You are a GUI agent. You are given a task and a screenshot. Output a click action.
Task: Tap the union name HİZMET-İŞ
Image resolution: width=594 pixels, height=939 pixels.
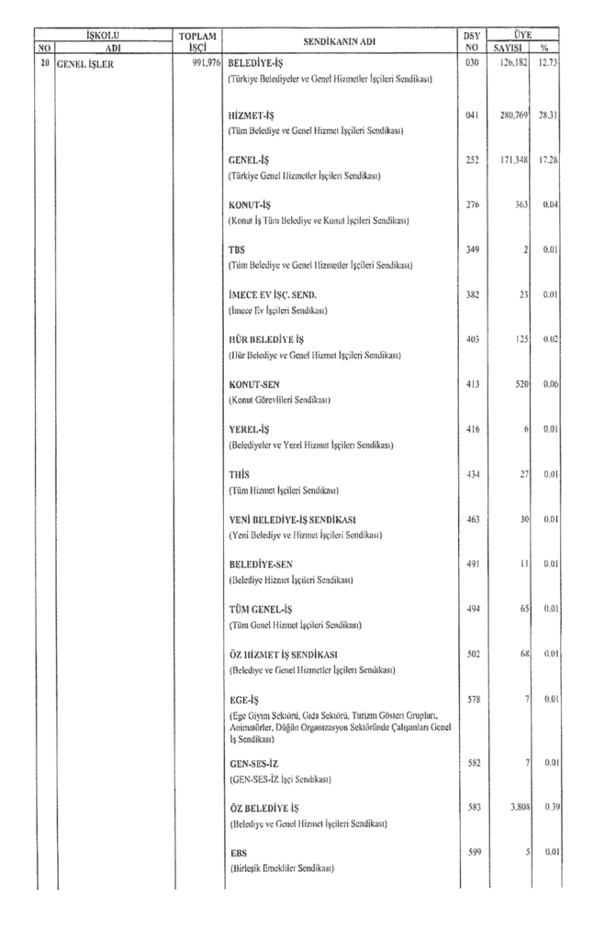coord(251,116)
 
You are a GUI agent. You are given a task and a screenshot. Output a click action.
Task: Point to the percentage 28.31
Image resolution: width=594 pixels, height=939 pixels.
coord(549,116)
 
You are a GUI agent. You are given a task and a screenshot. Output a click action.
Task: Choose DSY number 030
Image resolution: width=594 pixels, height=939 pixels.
coord(472,64)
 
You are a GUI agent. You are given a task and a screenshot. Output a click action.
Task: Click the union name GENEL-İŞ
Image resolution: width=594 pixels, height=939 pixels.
coord(248,160)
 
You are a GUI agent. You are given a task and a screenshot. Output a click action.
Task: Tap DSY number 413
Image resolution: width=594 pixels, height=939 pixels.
coord(472,384)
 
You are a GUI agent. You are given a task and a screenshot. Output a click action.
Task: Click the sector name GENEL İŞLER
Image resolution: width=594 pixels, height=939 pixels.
coord(85,64)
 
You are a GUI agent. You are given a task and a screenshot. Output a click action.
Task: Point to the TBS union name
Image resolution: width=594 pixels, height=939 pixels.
coord(235,249)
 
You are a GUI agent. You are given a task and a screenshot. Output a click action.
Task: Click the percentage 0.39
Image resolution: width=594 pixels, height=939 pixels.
coord(549,809)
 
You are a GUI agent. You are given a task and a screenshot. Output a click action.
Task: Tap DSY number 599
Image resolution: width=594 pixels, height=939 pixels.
coord(472,853)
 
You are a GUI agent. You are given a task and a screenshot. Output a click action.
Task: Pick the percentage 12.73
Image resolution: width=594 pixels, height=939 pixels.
coord(549,64)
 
